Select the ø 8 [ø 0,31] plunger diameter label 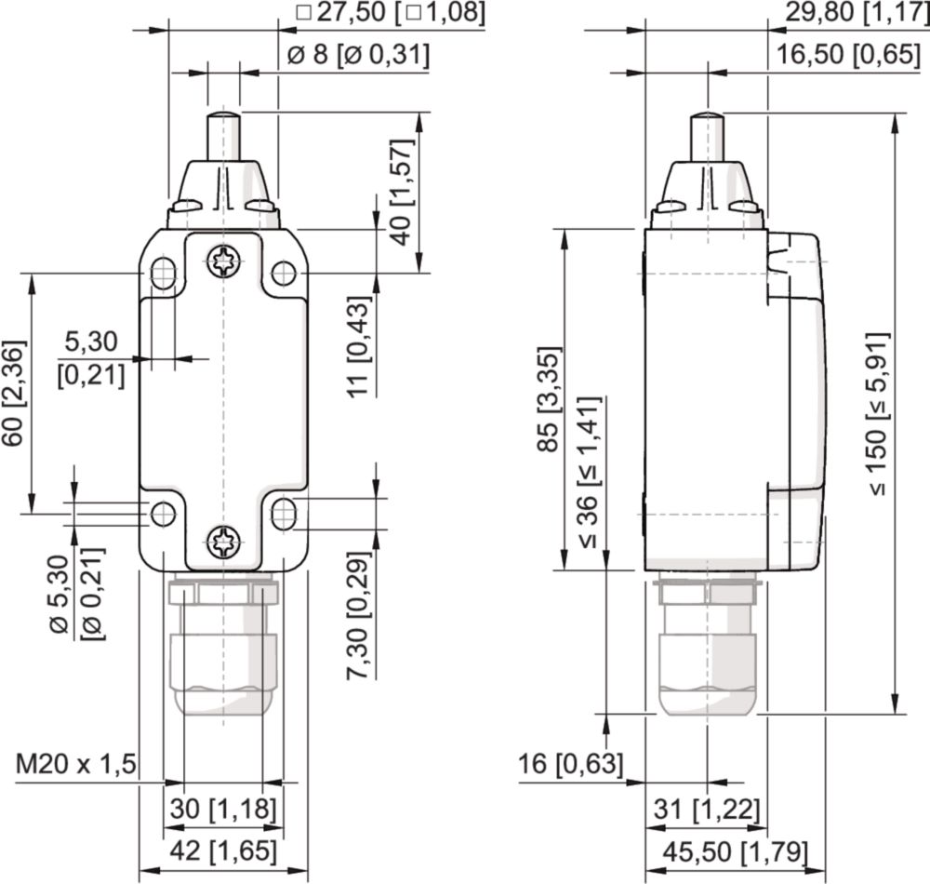(358, 55)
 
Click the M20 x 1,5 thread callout (76, 764)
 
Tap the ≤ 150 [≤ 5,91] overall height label (878, 414)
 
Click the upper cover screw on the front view (224, 261)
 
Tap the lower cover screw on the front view (224, 542)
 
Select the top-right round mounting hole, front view (284, 273)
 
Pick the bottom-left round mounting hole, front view (163, 514)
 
